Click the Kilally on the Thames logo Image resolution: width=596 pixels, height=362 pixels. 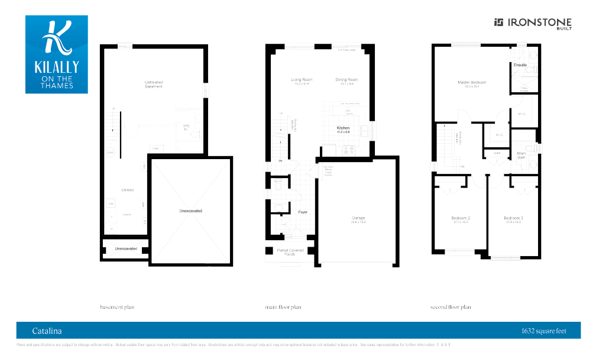coord(56,54)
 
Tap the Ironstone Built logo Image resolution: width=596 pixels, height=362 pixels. coord(532,23)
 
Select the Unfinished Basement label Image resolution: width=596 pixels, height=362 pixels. coord(153,84)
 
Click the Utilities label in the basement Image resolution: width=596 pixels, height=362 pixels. coord(127,190)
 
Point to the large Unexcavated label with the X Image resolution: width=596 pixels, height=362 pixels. coord(191,211)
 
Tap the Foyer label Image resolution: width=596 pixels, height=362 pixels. coord(303,212)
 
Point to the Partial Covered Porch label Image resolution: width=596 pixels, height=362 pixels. coord(290,252)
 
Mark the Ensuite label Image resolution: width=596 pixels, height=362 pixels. coord(520,64)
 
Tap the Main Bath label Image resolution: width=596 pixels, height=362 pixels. coord(521,156)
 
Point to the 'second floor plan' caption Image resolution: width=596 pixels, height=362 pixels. coord(451,308)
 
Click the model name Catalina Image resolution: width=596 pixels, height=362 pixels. coord(47,331)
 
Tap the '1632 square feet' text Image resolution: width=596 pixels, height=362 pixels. coord(543,331)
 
